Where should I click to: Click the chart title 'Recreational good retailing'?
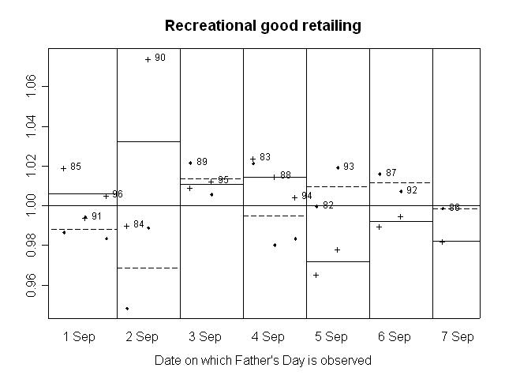263,26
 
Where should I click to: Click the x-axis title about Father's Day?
263,360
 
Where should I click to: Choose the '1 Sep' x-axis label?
79,337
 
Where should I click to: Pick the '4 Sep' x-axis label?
268,337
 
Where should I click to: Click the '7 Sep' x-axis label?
458,337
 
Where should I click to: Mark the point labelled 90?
148,59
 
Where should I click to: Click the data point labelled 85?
63,168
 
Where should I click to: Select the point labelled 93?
338,167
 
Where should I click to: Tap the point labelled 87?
380,174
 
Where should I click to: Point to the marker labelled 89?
190,163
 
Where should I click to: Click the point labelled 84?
126,226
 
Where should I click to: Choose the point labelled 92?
401,191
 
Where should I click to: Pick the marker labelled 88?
274,177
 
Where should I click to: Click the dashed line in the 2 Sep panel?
148,268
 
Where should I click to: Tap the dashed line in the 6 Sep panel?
401,182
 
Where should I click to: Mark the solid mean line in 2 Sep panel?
148,141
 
